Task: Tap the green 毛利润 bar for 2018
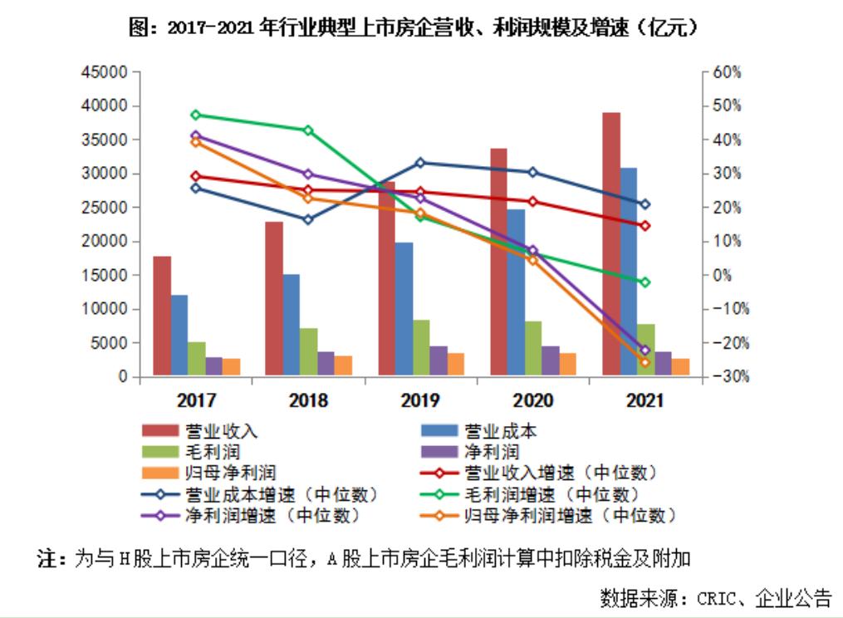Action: (x=308, y=352)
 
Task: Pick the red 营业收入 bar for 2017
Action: (x=161, y=316)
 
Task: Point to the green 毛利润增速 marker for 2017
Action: (x=196, y=115)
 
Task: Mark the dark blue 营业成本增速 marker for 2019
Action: (x=420, y=163)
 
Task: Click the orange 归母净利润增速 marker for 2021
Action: (x=645, y=362)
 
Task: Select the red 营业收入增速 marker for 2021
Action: (x=645, y=225)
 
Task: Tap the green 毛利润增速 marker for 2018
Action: (x=308, y=130)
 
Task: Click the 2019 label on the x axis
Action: (x=420, y=401)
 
